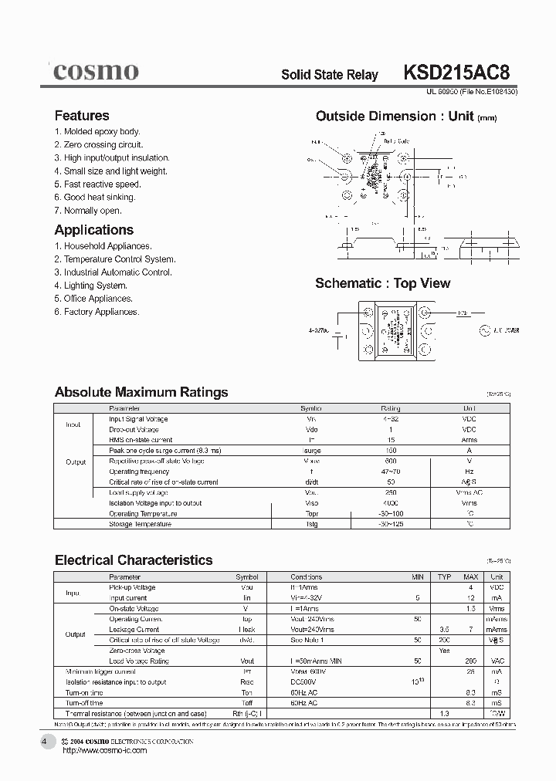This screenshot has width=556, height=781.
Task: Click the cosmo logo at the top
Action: [x=96, y=72]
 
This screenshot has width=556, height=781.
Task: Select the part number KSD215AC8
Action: [x=456, y=73]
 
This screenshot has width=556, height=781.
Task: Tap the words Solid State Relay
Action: [x=330, y=75]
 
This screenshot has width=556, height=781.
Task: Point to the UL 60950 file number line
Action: [x=472, y=91]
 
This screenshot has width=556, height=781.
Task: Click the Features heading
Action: [x=82, y=116]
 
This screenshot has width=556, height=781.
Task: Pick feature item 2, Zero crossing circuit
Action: [x=99, y=145]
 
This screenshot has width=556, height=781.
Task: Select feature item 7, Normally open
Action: [x=88, y=211]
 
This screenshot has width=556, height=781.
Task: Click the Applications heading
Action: [x=93, y=230]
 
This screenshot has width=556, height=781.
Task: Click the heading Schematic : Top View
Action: [x=382, y=283]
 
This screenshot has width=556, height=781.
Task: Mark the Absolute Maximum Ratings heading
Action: [x=141, y=392]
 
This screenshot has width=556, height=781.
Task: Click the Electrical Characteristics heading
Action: [x=134, y=560]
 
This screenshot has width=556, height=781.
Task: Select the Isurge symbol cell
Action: [x=312, y=451]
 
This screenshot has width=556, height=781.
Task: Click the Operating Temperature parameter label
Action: [x=144, y=513]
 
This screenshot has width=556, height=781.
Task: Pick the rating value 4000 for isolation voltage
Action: [x=391, y=503]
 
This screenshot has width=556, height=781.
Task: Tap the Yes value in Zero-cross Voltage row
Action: [x=444, y=651]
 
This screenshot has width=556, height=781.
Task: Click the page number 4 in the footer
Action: [x=44, y=742]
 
